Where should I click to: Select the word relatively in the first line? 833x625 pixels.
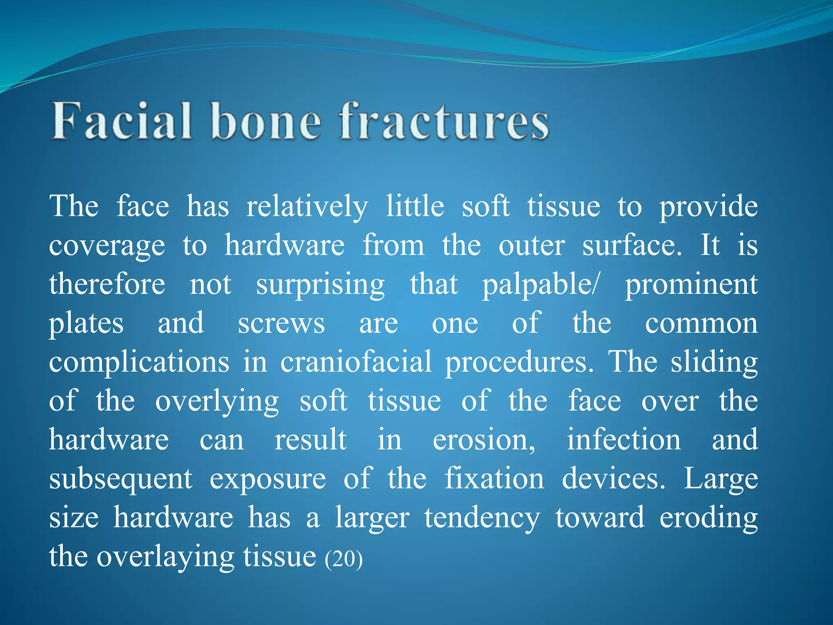click(307, 207)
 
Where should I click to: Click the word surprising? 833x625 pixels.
click(320, 285)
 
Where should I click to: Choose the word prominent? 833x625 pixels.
click(691, 285)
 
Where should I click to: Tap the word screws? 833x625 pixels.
click(281, 323)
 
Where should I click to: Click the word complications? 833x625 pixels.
click(139, 362)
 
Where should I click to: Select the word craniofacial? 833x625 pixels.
click(355, 362)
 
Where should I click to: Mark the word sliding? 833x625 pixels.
click(714, 362)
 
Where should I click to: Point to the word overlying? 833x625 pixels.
click(217, 402)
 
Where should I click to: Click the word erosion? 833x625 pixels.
click(484, 440)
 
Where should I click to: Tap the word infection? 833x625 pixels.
click(624, 440)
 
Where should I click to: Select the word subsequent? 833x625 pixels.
click(120, 479)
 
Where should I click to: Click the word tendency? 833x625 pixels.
click(482, 518)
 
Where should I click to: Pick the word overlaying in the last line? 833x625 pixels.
click(165, 557)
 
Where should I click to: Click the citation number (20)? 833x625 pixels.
click(344, 559)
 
